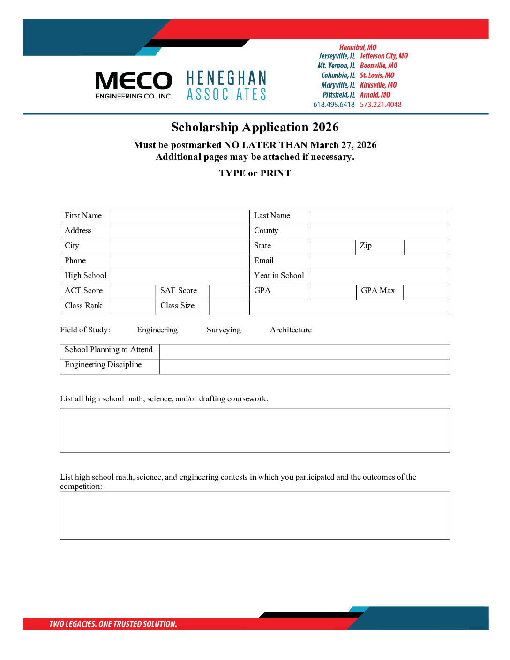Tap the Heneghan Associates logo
[x=226, y=86]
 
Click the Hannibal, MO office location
[x=358, y=47]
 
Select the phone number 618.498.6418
[x=334, y=105]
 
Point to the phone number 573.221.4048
[x=381, y=105]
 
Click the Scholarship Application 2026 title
[x=255, y=127]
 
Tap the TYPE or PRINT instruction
[x=255, y=173]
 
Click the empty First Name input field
[x=180, y=217]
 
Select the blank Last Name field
[x=380, y=217]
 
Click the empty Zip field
[x=427, y=247]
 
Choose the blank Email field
[x=380, y=262]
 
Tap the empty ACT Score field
[x=134, y=292]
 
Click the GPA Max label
[x=378, y=291]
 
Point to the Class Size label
[x=177, y=306]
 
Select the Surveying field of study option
[x=224, y=330]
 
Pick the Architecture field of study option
[x=291, y=330]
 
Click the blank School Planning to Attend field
[x=305, y=351]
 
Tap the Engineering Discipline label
[x=103, y=365]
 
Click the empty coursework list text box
[x=255, y=430]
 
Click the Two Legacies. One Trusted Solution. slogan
[x=113, y=624]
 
